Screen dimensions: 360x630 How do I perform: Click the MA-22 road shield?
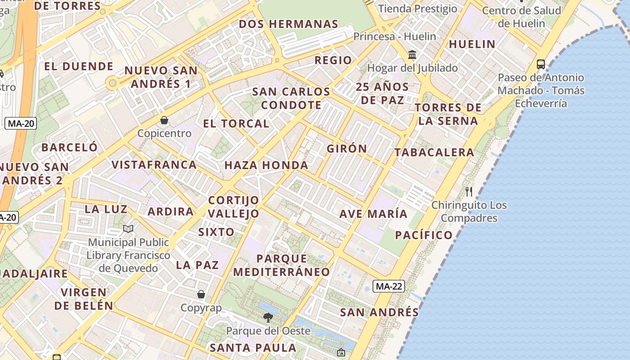(x=389, y=286)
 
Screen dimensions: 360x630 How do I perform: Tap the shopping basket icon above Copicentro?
(x=164, y=120)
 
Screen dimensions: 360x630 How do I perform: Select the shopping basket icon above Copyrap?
(x=201, y=294)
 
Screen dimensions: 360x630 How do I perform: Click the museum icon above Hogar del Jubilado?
(x=412, y=55)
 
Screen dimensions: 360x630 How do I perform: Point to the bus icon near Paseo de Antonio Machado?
(x=541, y=64)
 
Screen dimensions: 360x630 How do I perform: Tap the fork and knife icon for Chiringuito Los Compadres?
(x=469, y=192)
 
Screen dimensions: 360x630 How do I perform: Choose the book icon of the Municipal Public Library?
(x=128, y=229)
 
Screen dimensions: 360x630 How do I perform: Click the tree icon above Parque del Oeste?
(x=268, y=318)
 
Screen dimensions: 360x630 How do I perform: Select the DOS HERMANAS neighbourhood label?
(x=288, y=24)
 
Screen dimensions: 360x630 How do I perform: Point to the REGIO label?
(x=333, y=60)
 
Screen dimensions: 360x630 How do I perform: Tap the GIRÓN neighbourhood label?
(x=346, y=148)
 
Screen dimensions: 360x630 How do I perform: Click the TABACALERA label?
(x=434, y=153)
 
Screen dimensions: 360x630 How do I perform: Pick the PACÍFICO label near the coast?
(x=423, y=235)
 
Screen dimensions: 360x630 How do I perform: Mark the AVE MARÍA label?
(x=373, y=214)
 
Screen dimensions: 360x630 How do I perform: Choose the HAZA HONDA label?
(x=266, y=165)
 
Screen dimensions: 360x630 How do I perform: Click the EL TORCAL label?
(x=236, y=123)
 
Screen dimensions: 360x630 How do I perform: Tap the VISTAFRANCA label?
(x=154, y=165)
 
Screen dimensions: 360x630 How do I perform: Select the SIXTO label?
(x=216, y=232)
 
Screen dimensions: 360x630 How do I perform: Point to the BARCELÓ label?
(x=69, y=147)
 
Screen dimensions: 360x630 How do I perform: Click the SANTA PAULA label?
(x=253, y=348)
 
